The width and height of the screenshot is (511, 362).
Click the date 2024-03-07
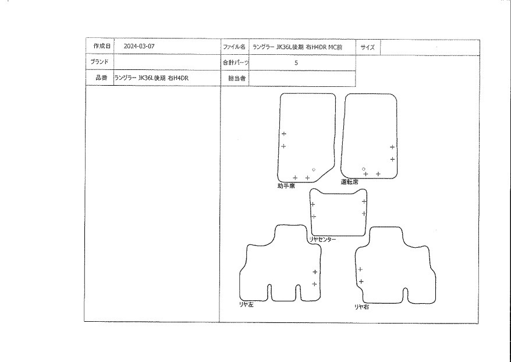pyautogui.click(x=139, y=46)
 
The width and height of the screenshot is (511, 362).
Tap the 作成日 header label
pyautogui.click(x=98, y=46)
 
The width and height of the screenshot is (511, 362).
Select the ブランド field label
pyautogui.click(x=98, y=61)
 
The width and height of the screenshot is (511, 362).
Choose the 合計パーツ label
pyautogui.click(x=235, y=62)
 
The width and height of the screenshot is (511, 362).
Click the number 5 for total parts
pyautogui.click(x=296, y=62)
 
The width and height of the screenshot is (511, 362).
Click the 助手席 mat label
pyautogui.click(x=286, y=186)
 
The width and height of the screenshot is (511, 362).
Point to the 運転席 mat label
pyautogui.click(x=349, y=182)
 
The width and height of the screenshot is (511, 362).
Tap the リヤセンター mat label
pyautogui.click(x=322, y=239)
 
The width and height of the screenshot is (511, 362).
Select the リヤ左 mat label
pyautogui.click(x=247, y=304)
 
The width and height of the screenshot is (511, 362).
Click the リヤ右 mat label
pyautogui.click(x=361, y=306)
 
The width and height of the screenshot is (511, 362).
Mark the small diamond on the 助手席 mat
pyautogui.click(x=314, y=170)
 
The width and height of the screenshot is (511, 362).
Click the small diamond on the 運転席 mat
pyautogui.click(x=363, y=168)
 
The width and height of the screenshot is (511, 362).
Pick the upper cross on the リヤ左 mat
pyautogui.click(x=315, y=272)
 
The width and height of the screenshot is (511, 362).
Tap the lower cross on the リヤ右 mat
pyautogui.click(x=361, y=282)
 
